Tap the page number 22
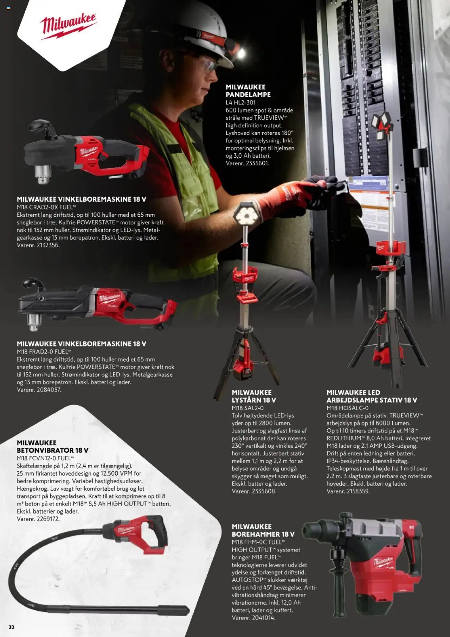pyautogui.click(x=12, y=627)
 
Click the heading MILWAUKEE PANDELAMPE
pyautogui.click(x=248, y=91)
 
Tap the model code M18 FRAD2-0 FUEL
pyautogui.click(x=44, y=352)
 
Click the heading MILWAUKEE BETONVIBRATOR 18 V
pyautogui.click(x=52, y=446)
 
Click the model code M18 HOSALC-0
pyautogui.click(x=347, y=408)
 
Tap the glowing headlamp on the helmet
pyautogui.click(x=240, y=53)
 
